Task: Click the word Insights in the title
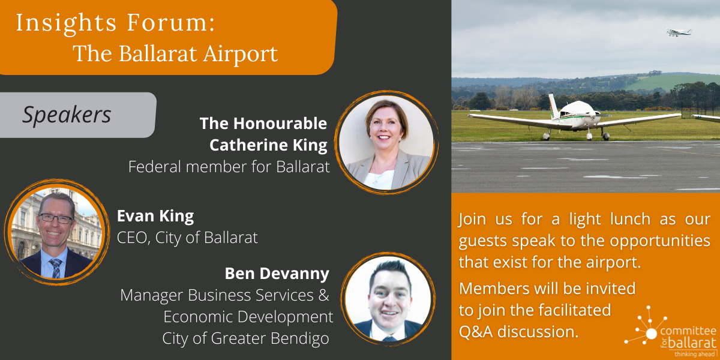click(x=66, y=23)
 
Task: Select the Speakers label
click(x=67, y=115)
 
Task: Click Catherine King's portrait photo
click(x=386, y=142)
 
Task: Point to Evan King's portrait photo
click(x=57, y=232)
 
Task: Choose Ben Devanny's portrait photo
click(x=388, y=299)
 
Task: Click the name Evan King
click(x=155, y=216)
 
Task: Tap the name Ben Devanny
click(x=277, y=274)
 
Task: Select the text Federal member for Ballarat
click(x=229, y=167)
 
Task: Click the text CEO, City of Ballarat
click(x=187, y=238)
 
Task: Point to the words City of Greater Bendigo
click(x=245, y=338)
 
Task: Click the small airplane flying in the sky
click(x=678, y=32)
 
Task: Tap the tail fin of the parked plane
click(x=553, y=105)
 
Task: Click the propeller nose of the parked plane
click(x=595, y=115)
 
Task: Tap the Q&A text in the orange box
click(x=476, y=332)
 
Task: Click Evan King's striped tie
click(x=56, y=268)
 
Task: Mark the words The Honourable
click(x=263, y=124)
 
